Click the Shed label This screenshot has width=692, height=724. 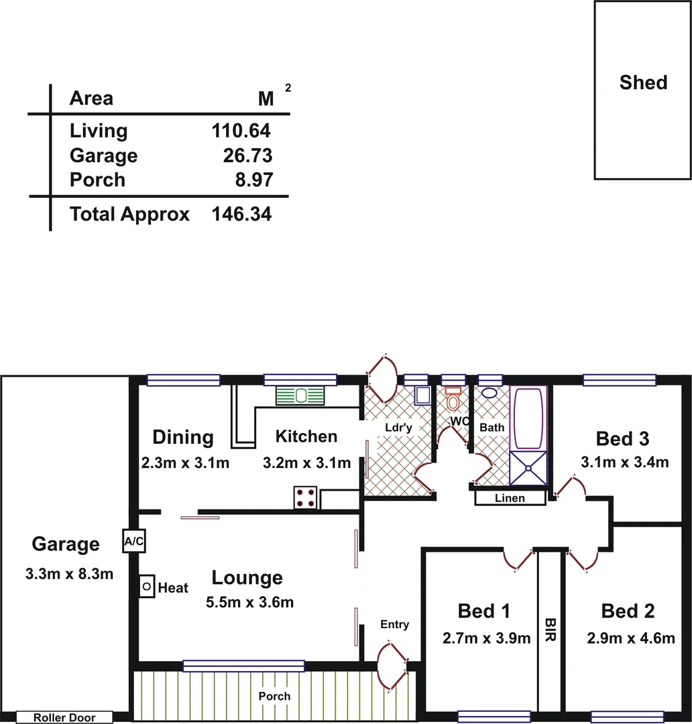point(643,83)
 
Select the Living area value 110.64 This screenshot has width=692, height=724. point(241,131)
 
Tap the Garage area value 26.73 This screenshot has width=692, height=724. point(247,156)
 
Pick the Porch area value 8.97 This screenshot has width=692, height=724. point(252,180)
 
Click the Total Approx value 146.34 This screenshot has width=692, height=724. point(241,215)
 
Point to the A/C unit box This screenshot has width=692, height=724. point(133,542)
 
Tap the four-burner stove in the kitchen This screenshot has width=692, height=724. point(305,497)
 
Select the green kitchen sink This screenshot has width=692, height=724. point(300,396)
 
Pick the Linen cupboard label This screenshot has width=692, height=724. point(510,499)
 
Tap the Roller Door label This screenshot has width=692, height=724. point(64,718)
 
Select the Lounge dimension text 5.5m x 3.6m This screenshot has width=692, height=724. point(250,602)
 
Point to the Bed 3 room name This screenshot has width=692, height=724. point(622,439)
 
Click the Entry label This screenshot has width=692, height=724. point(394,625)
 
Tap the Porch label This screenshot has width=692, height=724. point(275,697)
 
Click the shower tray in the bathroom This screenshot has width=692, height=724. point(528,467)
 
